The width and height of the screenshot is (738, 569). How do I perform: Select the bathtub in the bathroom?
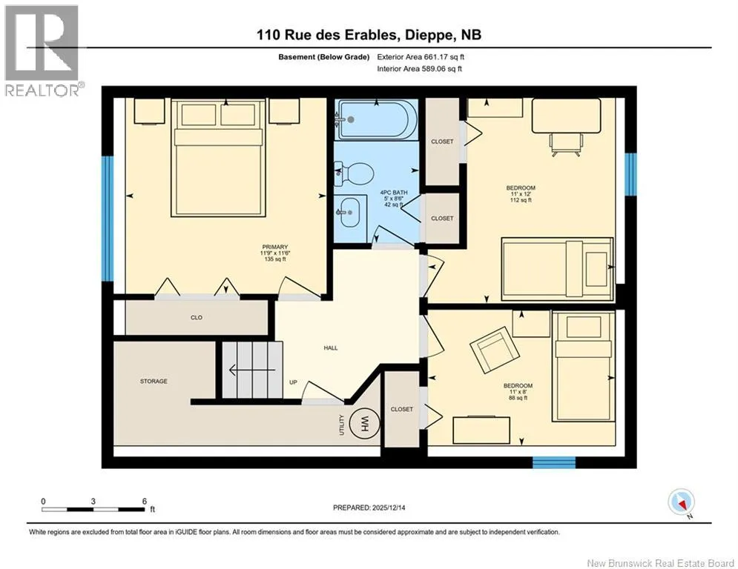pyautogui.click(x=375, y=120)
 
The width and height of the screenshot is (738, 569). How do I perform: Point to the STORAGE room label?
pyautogui.click(x=154, y=381)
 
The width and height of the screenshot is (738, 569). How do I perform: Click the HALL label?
pyautogui.click(x=331, y=348)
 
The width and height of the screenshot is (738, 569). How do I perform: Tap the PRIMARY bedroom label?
pyautogui.click(x=275, y=247)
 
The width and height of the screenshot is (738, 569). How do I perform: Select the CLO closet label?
pyautogui.click(x=197, y=317)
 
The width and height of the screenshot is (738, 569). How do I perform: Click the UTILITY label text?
pyautogui.click(x=342, y=425)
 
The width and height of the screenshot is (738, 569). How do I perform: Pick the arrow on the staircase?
pyautogui.click(x=251, y=370)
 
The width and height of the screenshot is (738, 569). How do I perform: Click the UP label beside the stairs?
pyautogui.click(x=293, y=382)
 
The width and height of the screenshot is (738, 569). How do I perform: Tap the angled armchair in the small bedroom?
pyautogui.click(x=495, y=349)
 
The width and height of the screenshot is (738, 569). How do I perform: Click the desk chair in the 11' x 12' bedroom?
pyautogui.click(x=566, y=144)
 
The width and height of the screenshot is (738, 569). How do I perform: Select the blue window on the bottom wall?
pyautogui.click(x=554, y=462)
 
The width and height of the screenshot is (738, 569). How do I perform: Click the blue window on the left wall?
pyautogui.click(x=108, y=219)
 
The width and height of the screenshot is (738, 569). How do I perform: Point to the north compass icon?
pyautogui.click(x=681, y=502)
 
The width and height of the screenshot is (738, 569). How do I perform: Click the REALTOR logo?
pyautogui.click(x=42, y=50)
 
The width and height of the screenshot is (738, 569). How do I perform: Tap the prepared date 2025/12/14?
pyautogui.click(x=389, y=508)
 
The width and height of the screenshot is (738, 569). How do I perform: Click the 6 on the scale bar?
pyautogui.click(x=145, y=502)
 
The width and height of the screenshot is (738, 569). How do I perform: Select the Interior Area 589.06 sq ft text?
pyautogui.click(x=419, y=69)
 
